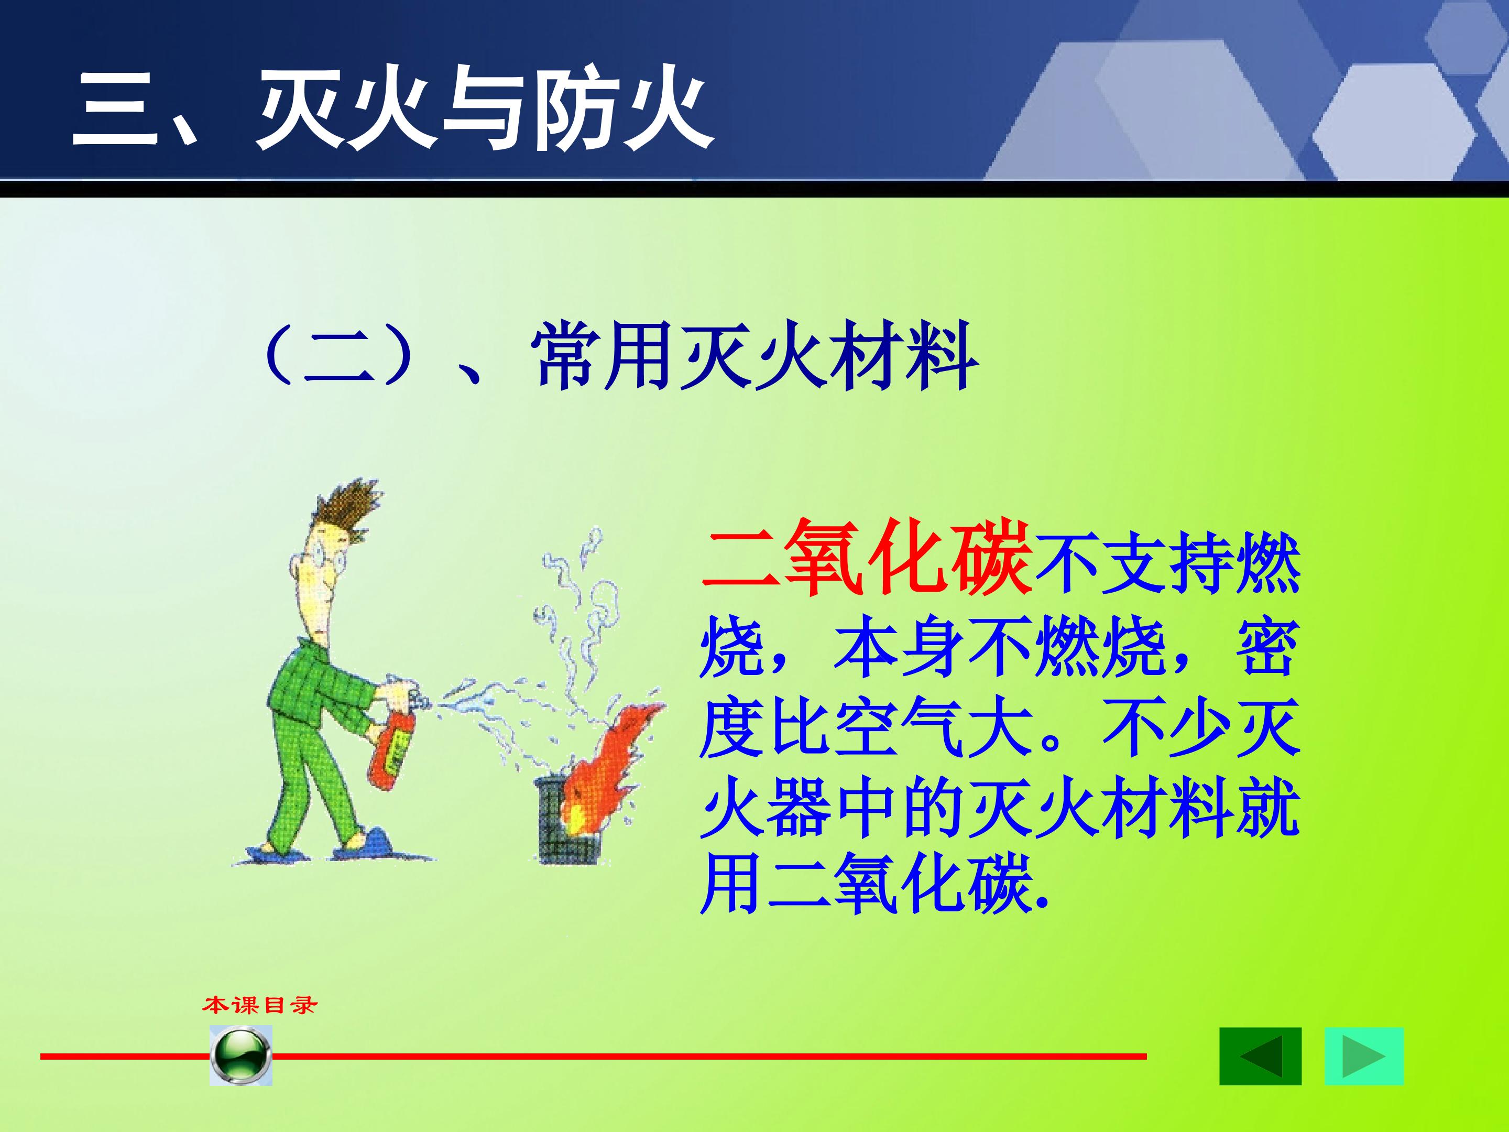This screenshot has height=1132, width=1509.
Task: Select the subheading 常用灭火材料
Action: (754, 356)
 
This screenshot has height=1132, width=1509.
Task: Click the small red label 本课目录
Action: (260, 1005)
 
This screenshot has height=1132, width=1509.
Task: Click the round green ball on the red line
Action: (241, 1055)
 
